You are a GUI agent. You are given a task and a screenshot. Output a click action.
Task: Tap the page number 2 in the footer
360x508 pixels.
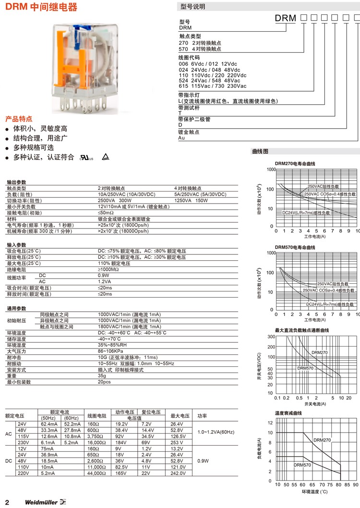[7, 502]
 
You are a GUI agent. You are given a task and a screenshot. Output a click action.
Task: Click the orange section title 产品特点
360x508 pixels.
[19, 119]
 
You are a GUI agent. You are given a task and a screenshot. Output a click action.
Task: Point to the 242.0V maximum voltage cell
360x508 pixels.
[178, 473]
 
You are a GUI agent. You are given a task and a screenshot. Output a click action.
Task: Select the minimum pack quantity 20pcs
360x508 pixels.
[104, 382]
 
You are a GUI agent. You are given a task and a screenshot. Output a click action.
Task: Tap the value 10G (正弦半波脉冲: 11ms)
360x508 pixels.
[127, 357]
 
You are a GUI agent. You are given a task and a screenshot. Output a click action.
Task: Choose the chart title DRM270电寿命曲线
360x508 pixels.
[295, 164]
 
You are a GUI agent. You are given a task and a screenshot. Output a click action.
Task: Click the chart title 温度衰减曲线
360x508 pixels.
[288, 413]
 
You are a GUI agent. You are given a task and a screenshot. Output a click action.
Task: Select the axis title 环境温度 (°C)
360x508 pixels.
[314, 492]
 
